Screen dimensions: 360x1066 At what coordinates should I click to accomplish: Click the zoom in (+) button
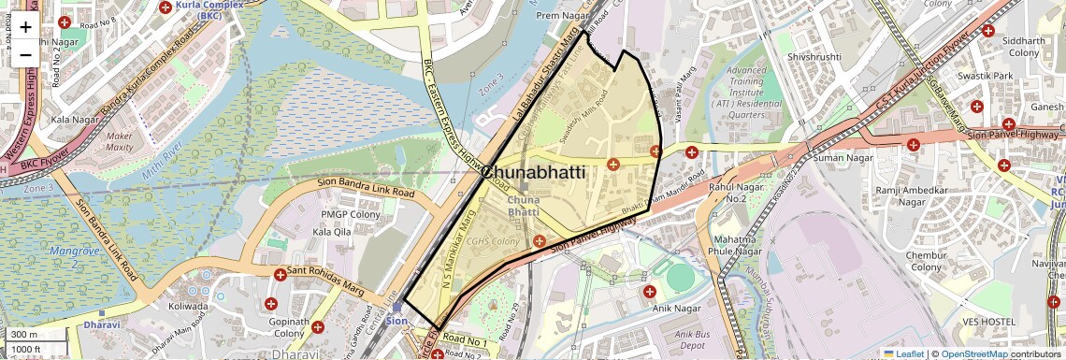click(x=25, y=27)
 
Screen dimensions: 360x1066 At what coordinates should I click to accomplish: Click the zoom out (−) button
click(x=25, y=54)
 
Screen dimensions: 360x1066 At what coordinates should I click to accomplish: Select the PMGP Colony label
click(x=323, y=214)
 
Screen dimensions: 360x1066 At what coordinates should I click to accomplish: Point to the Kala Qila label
click(x=331, y=231)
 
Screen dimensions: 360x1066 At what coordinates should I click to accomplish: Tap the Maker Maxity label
click(x=120, y=141)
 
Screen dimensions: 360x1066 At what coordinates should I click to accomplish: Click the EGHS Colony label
click(x=494, y=242)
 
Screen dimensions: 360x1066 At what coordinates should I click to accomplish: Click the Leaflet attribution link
click(x=903, y=353)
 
